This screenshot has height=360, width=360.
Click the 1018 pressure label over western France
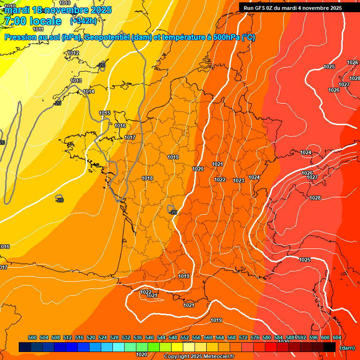point(147,179)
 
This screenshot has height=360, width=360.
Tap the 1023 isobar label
point(239,180)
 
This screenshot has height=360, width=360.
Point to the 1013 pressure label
point(76,81)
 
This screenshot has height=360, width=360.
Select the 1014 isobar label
point(89,91)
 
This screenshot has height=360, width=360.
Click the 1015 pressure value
point(105,113)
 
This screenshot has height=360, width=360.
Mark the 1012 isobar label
point(73,53)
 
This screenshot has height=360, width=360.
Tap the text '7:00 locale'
point(32,21)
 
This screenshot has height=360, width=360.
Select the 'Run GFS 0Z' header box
point(293,8)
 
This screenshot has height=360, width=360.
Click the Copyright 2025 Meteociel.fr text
point(199,357)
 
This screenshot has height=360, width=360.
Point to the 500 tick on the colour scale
point(32,337)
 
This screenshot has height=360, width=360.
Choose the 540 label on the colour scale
point(150,337)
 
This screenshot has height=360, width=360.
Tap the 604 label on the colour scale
point(337,337)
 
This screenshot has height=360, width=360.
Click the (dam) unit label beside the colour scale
point(347,348)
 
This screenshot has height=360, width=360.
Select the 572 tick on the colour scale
point(243,337)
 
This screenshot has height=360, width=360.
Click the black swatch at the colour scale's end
point(330,347)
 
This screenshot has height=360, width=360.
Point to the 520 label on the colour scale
point(91,337)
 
